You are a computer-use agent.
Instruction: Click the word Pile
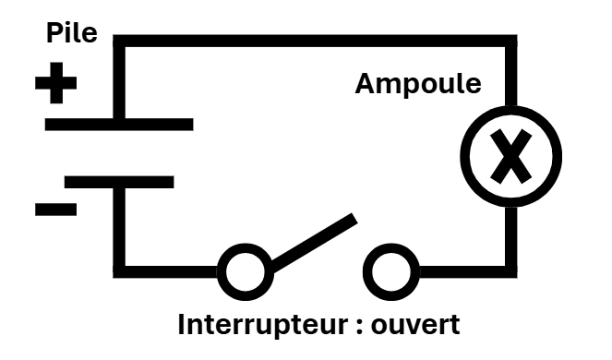tap(72, 33)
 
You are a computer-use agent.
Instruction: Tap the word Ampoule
tap(418, 85)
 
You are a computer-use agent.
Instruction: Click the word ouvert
tap(415, 325)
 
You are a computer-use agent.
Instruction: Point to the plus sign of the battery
tap(55, 83)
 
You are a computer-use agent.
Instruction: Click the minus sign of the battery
tap(55, 210)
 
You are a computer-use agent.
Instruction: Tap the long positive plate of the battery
tap(119, 125)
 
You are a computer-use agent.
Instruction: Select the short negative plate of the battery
tap(119, 183)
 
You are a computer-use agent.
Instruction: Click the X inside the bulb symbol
tap(510, 157)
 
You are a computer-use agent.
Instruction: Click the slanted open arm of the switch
tap(314, 243)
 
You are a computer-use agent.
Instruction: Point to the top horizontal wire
tap(315, 41)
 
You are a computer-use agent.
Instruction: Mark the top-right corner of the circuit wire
tap(511, 41)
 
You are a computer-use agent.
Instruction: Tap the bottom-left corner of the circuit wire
tap(119, 272)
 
